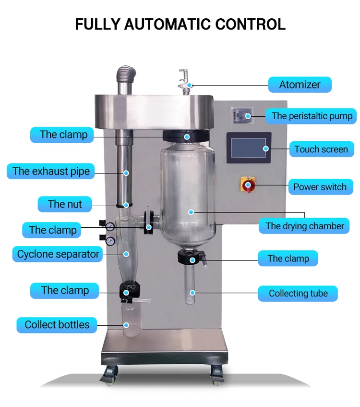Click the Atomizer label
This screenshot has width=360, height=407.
click(x=300, y=85)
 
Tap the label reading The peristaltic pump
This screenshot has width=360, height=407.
click(x=312, y=116)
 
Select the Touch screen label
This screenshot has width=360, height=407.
click(x=321, y=149)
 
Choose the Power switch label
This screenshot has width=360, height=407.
click(x=320, y=187)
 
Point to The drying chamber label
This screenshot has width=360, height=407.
click(x=305, y=226)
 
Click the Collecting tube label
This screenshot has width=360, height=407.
click(x=298, y=293)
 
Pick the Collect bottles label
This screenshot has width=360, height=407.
click(x=57, y=324)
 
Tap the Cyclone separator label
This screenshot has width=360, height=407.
click(x=58, y=254)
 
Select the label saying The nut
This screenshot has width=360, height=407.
click(x=65, y=204)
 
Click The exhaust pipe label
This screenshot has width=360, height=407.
click(x=51, y=171)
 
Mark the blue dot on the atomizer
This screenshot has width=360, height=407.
click(x=190, y=85)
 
